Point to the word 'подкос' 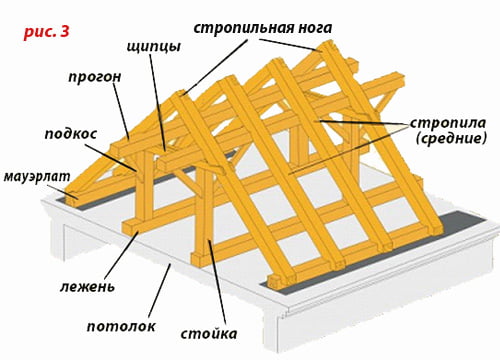73,131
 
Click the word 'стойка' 210,332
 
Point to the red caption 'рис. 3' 46,33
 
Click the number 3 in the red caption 65,33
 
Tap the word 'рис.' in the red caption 38,33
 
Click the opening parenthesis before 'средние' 419,141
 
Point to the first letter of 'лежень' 61,287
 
